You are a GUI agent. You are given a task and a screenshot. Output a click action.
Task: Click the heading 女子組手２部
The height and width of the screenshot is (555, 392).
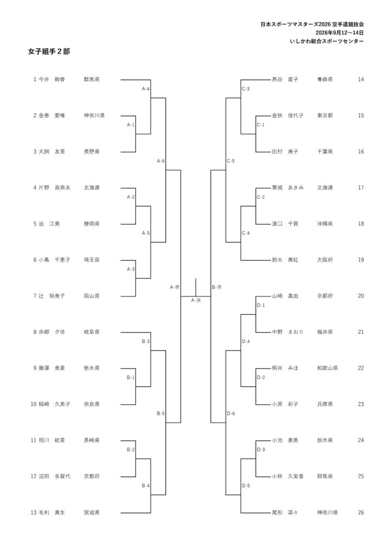coord(49,51)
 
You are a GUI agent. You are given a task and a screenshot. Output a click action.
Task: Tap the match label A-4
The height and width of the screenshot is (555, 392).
coord(146,89)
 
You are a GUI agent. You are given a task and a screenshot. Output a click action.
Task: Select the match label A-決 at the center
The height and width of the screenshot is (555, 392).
coord(196,300)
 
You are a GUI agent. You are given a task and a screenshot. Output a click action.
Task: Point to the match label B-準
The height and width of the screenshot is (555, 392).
coord(217,287)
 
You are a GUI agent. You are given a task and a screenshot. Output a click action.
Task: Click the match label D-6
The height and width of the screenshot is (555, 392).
coord(231,414)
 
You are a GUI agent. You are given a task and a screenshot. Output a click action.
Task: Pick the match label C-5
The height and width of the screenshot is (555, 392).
coord(231,161)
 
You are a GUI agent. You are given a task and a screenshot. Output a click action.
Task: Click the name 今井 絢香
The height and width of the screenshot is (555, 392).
coord(51,80)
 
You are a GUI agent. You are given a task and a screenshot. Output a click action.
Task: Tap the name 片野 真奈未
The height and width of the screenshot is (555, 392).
coord(55,188)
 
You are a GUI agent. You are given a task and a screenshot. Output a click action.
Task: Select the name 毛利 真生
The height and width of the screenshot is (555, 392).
coord(51,513)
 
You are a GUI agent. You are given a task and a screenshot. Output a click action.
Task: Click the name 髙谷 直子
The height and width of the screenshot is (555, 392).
coord(285,80)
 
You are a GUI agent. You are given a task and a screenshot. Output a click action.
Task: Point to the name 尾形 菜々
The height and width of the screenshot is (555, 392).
coord(285,513)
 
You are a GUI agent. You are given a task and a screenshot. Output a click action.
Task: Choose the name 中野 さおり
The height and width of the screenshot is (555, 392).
coord(288,332)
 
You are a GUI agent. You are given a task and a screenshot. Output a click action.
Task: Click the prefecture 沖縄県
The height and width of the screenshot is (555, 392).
coord(325,224)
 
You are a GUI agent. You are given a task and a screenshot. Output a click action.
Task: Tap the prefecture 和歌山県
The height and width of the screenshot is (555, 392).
coord(328,368)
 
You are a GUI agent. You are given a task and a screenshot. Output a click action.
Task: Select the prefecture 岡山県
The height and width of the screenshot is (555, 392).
coord(92,296)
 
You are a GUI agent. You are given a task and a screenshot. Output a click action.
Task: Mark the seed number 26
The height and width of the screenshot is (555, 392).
coord(361,513)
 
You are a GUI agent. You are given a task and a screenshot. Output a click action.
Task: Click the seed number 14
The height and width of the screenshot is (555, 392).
coord(361,80)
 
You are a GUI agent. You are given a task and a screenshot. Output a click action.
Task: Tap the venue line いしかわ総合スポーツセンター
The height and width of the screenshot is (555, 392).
coord(327,41)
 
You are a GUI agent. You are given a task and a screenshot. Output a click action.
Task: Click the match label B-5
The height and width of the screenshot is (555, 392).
coord(161,414)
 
